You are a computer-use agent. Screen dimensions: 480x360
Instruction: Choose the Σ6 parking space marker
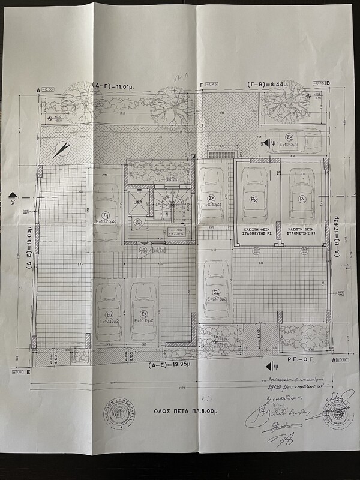point(289,137)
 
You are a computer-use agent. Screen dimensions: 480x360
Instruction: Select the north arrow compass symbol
point(61,150)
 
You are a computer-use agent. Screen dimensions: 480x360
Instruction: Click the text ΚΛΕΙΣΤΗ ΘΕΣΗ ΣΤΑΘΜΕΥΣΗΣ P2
point(254,233)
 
